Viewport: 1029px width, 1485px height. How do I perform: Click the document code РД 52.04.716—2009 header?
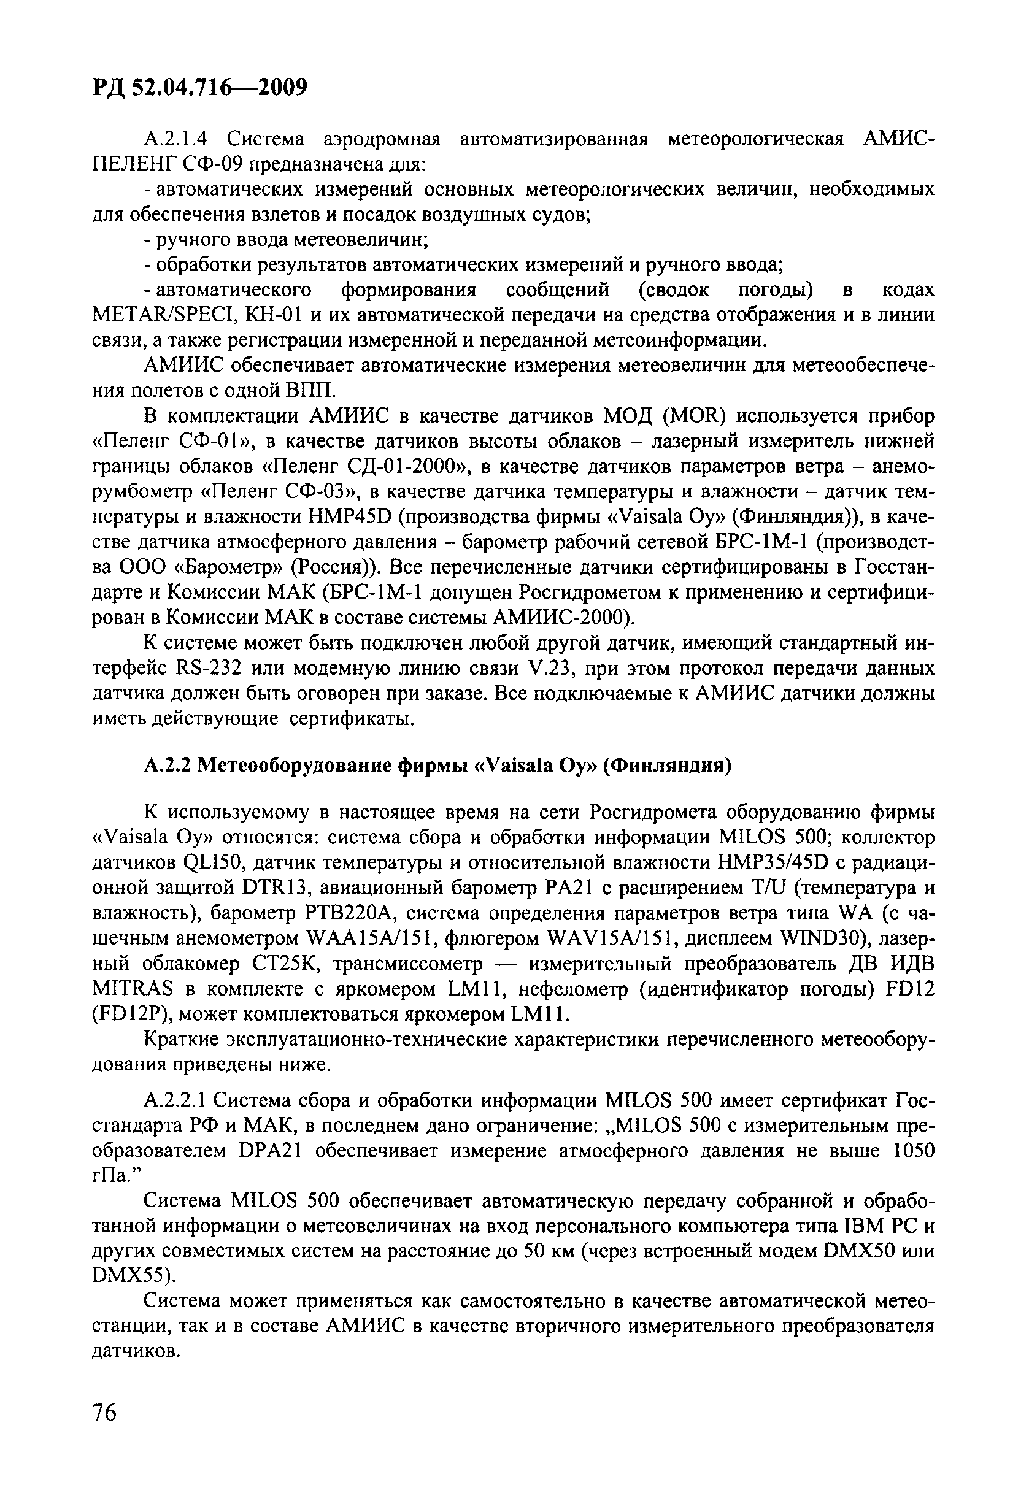(x=199, y=86)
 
